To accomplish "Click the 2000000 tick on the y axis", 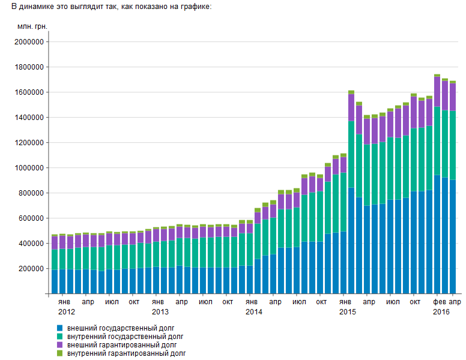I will click(x=29, y=42).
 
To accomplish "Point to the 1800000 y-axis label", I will click(x=29, y=67).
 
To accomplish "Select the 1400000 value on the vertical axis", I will click(x=29, y=118).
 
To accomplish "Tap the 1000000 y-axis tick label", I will click(x=29, y=168).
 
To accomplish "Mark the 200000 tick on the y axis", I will click(x=31, y=269).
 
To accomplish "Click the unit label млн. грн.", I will click(x=32, y=27).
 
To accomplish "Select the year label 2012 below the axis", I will click(x=67, y=312).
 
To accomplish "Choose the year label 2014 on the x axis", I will click(x=254, y=312).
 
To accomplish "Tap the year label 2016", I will click(x=441, y=312).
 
